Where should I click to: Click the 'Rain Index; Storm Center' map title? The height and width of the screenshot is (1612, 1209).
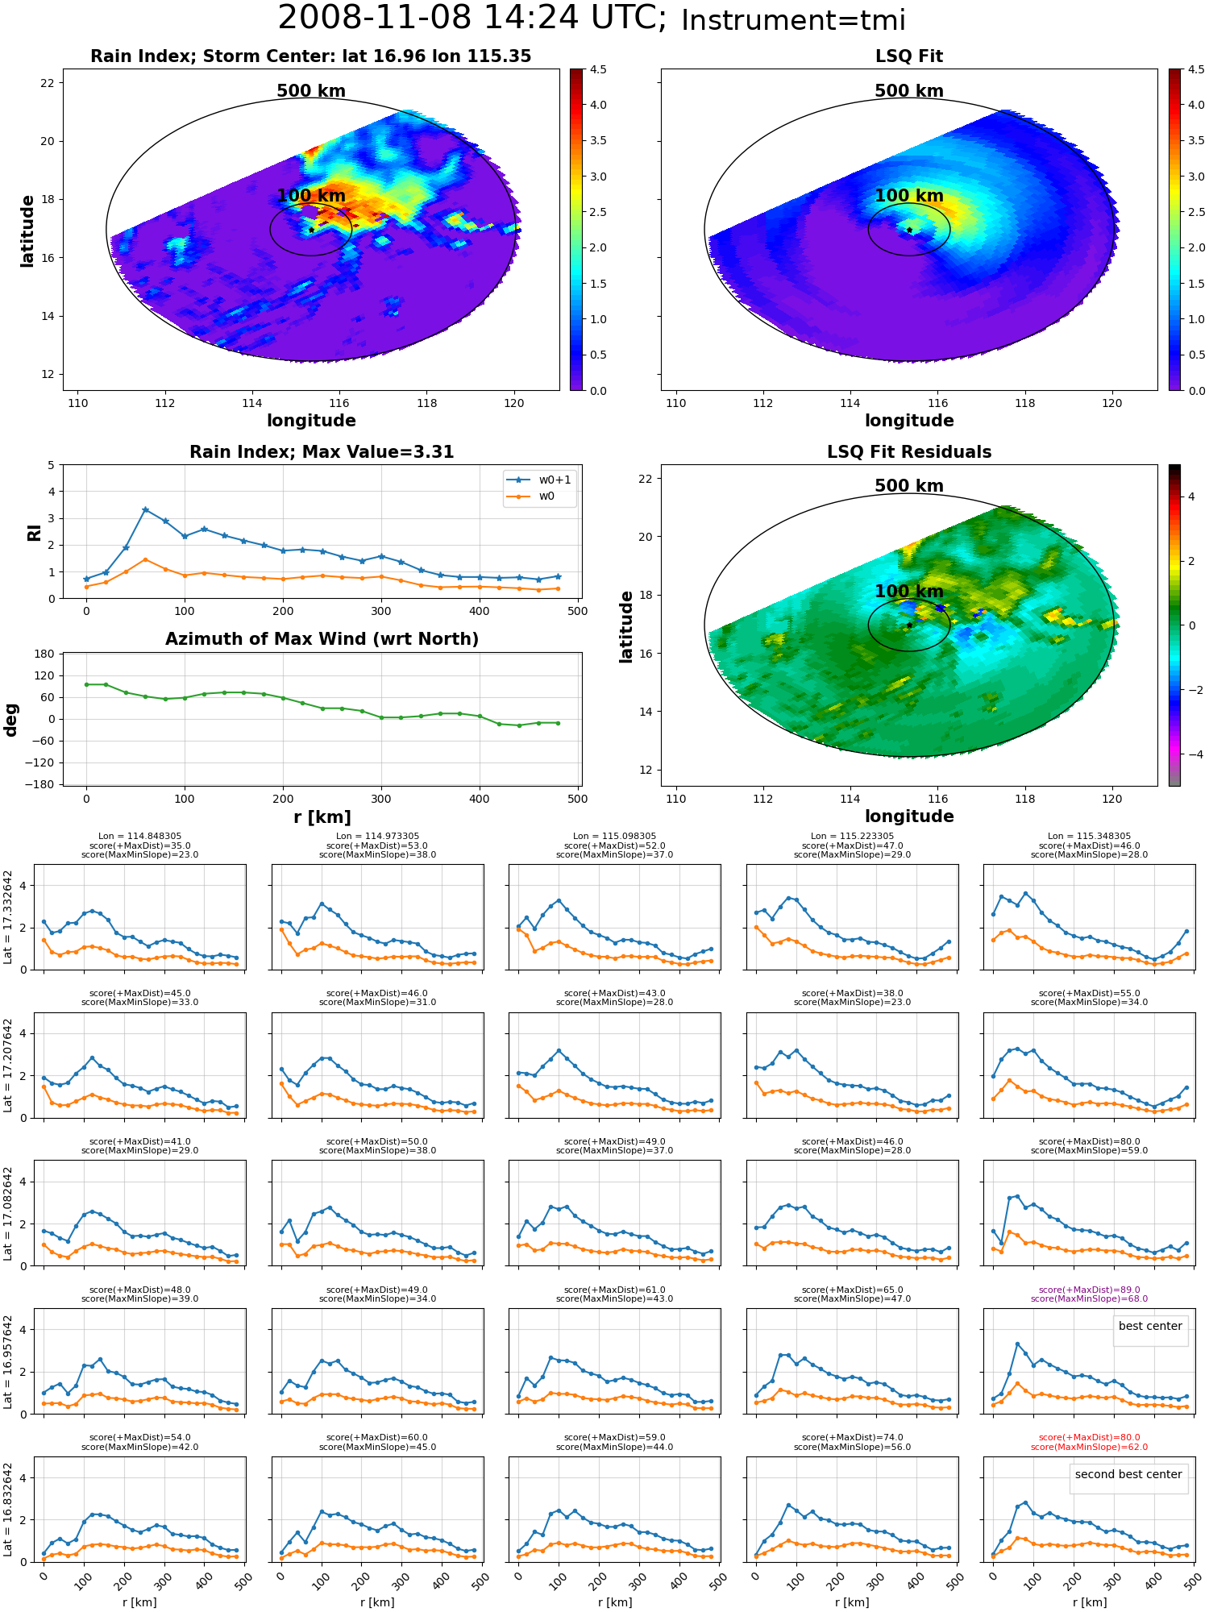pos(311,56)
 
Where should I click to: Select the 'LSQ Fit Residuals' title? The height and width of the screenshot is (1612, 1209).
pos(909,452)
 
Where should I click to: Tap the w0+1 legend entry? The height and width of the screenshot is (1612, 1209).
pos(540,480)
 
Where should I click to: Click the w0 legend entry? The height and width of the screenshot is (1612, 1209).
pos(532,496)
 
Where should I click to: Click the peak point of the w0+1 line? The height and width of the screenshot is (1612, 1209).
pos(145,509)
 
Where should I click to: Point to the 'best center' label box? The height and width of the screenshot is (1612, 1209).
pos(1150,1326)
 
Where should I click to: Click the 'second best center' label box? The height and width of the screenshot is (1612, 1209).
pos(1128,1474)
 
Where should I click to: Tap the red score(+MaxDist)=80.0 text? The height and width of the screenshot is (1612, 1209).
pos(1089,1437)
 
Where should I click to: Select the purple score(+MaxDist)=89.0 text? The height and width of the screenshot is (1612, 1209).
pos(1089,1290)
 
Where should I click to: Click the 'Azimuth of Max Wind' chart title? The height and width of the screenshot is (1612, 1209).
pos(322,639)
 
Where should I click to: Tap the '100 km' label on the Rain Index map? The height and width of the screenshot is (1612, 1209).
pos(311,196)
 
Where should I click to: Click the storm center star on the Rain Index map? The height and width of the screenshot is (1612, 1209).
pos(311,230)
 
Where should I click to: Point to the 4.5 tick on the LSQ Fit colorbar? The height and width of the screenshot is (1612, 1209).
pos(1196,69)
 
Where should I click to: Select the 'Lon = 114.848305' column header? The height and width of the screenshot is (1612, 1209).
pos(139,836)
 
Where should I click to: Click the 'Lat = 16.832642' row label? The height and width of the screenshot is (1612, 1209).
pos(8,1510)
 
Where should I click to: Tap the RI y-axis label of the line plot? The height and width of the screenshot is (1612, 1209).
pos(34,532)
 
